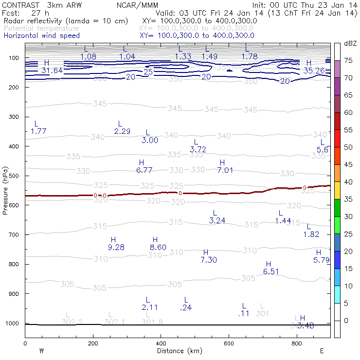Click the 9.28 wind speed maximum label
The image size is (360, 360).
pyautogui.click(x=116, y=248)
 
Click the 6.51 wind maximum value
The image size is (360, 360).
pyautogui.click(x=271, y=271)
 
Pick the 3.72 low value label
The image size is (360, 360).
pyautogui.click(x=198, y=149)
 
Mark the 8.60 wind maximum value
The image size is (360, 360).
pyautogui.click(x=158, y=248)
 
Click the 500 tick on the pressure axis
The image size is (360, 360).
pyautogui.click(x=14, y=176)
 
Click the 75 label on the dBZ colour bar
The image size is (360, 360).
pyautogui.click(x=348, y=61)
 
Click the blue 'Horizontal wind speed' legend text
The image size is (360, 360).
pyautogui.click(x=42, y=36)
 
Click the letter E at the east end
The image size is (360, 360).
pyautogui.click(x=322, y=350)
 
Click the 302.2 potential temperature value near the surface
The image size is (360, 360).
pyautogui.click(x=72, y=322)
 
